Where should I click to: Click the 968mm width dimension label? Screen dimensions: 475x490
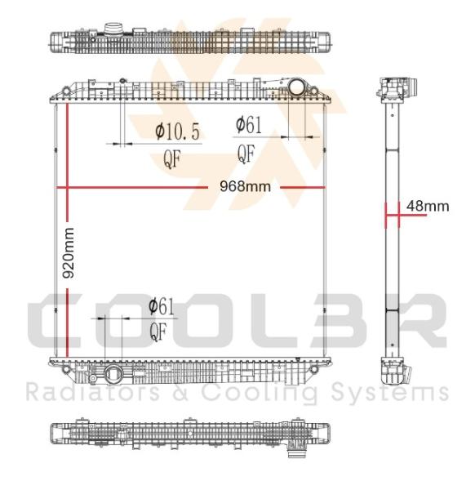245,186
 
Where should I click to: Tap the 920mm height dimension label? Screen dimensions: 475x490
69,253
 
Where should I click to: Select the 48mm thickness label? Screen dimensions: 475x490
428,207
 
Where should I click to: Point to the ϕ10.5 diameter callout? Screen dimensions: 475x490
177,131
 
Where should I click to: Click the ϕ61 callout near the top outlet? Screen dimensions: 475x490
249,125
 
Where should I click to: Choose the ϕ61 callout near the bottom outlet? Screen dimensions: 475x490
161,306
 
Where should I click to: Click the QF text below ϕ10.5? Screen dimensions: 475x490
172,158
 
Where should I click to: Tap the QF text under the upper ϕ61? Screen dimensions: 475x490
246,154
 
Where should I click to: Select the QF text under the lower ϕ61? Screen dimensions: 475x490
158,332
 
